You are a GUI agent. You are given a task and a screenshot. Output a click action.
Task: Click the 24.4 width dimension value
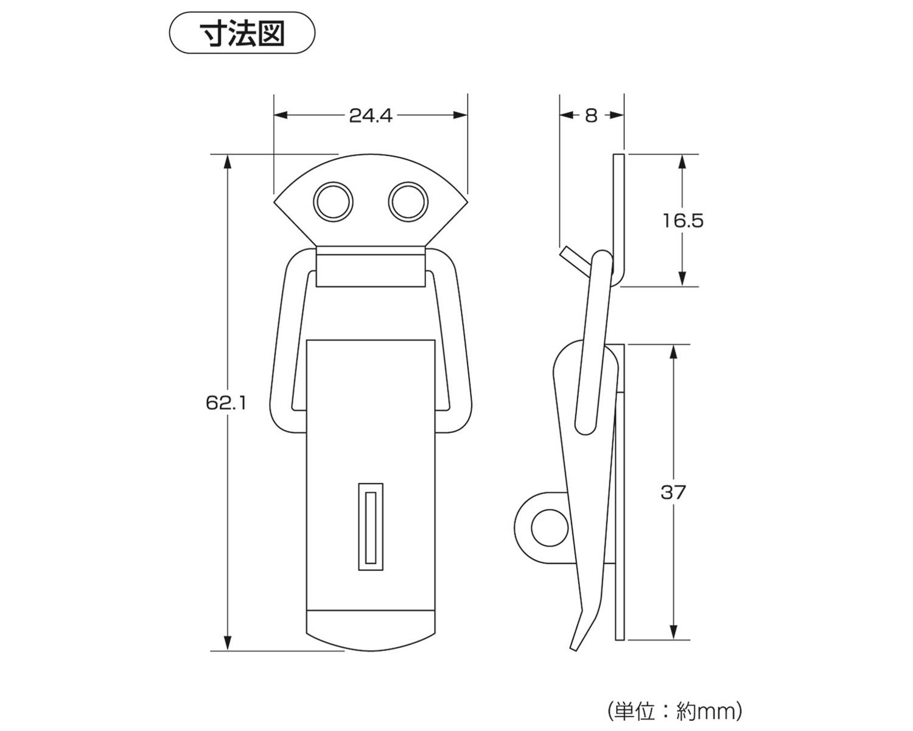(371, 115)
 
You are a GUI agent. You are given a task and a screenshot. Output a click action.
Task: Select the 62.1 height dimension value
(226, 403)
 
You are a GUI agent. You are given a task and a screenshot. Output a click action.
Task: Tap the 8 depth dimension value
(591, 115)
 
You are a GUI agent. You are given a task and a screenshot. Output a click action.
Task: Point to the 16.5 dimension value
(683, 221)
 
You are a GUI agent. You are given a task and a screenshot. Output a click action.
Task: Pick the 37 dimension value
(673, 492)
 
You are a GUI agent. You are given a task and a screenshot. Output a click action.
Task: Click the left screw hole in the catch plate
(334, 201)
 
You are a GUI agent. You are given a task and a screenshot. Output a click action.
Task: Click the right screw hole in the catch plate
(408, 201)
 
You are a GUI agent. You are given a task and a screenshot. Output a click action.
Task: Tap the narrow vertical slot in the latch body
(371, 526)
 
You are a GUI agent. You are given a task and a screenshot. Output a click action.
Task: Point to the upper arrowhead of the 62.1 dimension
(228, 160)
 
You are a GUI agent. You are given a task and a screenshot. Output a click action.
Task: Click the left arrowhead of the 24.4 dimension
(280, 115)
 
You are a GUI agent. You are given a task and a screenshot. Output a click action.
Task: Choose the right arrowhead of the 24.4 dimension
(461, 115)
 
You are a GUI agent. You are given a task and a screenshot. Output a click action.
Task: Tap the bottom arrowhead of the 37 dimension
(674, 634)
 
